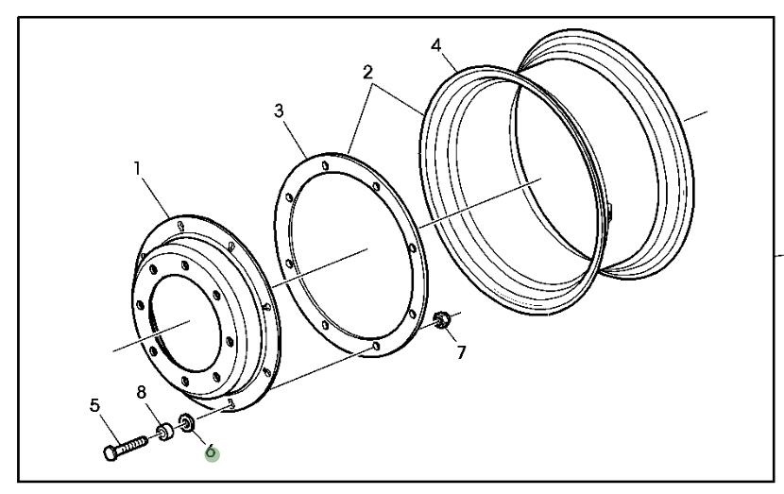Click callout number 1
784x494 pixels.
(x=138, y=168)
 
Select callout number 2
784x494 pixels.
(x=368, y=73)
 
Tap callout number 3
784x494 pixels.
(x=279, y=111)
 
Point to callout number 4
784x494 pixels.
(x=436, y=45)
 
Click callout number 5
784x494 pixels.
(x=95, y=405)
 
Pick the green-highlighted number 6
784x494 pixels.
(x=212, y=451)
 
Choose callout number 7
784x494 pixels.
(x=461, y=352)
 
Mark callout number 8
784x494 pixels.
(x=142, y=393)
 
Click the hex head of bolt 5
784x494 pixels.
(x=111, y=453)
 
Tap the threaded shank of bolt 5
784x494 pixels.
(x=132, y=445)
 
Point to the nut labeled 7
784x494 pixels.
(x=442, y=319)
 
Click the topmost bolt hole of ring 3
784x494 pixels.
(x=326, y=165)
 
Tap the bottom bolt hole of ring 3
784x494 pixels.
(x=376, y=346)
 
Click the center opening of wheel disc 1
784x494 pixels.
(x=185, y=323)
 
